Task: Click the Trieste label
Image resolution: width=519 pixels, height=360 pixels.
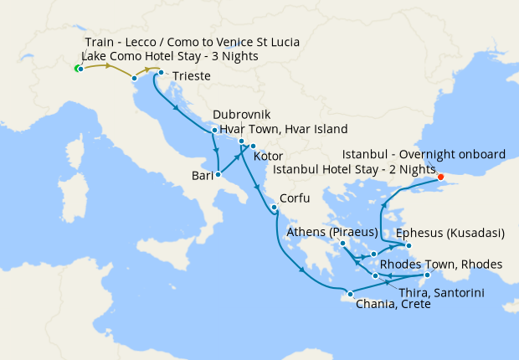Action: click(193, 77)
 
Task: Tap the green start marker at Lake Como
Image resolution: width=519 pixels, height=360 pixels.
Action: click(77, 68)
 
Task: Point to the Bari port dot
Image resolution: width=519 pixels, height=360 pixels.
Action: click(218, 175)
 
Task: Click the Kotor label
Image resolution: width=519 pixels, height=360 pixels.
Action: click(268, 157)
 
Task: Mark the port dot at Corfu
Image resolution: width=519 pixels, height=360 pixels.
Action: click(274, 207)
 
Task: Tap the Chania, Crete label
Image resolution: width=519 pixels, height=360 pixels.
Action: click(393, 305)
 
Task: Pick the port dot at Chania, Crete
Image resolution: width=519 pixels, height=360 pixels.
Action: click(349, 293)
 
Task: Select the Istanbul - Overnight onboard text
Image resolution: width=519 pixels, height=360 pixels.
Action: click(424, 155)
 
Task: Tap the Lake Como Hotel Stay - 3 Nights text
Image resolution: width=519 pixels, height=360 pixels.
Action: click(172, 56)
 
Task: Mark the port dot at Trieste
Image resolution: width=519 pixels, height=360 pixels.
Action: click(161, 72)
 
